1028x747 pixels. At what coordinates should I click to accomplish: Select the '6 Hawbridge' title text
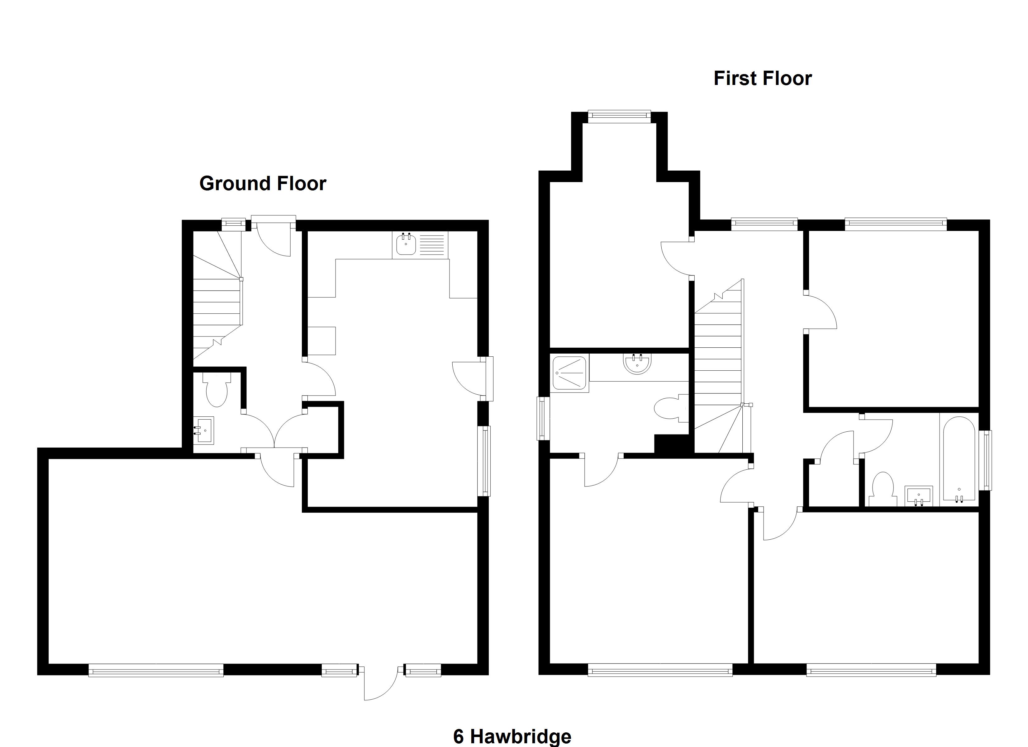(x=512, y=736)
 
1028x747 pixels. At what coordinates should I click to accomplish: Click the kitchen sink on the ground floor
(x=406, y=245)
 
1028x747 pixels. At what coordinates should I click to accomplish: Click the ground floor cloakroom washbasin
(x=204, y=430)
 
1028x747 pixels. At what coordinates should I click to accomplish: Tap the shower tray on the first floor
(x=569, y=373)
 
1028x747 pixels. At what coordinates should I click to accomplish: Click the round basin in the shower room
(x=637, y=364)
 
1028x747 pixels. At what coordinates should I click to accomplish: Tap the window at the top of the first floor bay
(x=619, y=116)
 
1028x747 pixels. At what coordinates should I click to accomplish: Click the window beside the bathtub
(x=985, y=460)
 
